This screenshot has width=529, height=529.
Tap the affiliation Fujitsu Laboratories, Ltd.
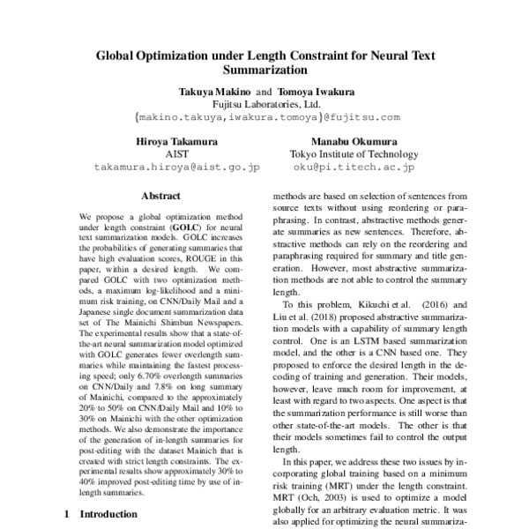[264, 103]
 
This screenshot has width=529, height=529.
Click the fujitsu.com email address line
[265, 116]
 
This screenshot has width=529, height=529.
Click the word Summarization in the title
[264, 68]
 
